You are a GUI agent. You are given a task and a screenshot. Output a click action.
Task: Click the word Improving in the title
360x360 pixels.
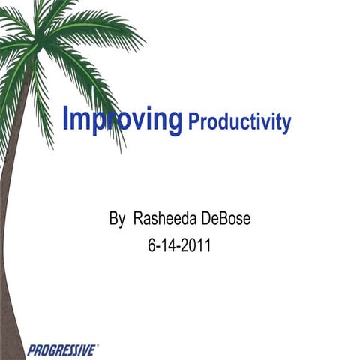pos(123,119)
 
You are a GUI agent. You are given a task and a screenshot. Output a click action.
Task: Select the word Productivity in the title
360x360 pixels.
pos(239,122)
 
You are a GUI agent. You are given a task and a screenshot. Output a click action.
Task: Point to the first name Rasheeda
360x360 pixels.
pos(161,220)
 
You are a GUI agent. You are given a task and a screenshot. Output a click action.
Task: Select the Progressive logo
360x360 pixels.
pos(61,349)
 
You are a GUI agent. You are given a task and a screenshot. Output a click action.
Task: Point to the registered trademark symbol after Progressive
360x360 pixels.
pos(97,346)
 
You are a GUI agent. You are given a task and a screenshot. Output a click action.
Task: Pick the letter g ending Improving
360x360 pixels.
pos(175,122)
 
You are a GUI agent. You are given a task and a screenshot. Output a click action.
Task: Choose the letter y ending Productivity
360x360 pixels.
pos(286,124)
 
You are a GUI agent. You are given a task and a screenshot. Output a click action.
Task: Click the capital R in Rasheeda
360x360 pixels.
pos(138,220)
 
